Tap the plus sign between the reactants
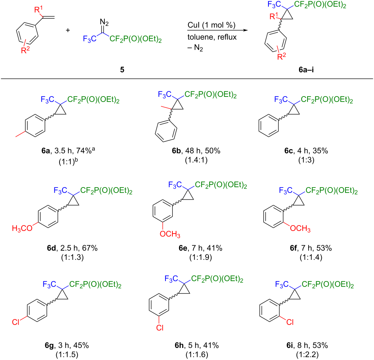click(x=68, y=30)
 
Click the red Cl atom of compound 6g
click(x=15, y=322)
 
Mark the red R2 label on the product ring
click(x=282, y=57)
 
